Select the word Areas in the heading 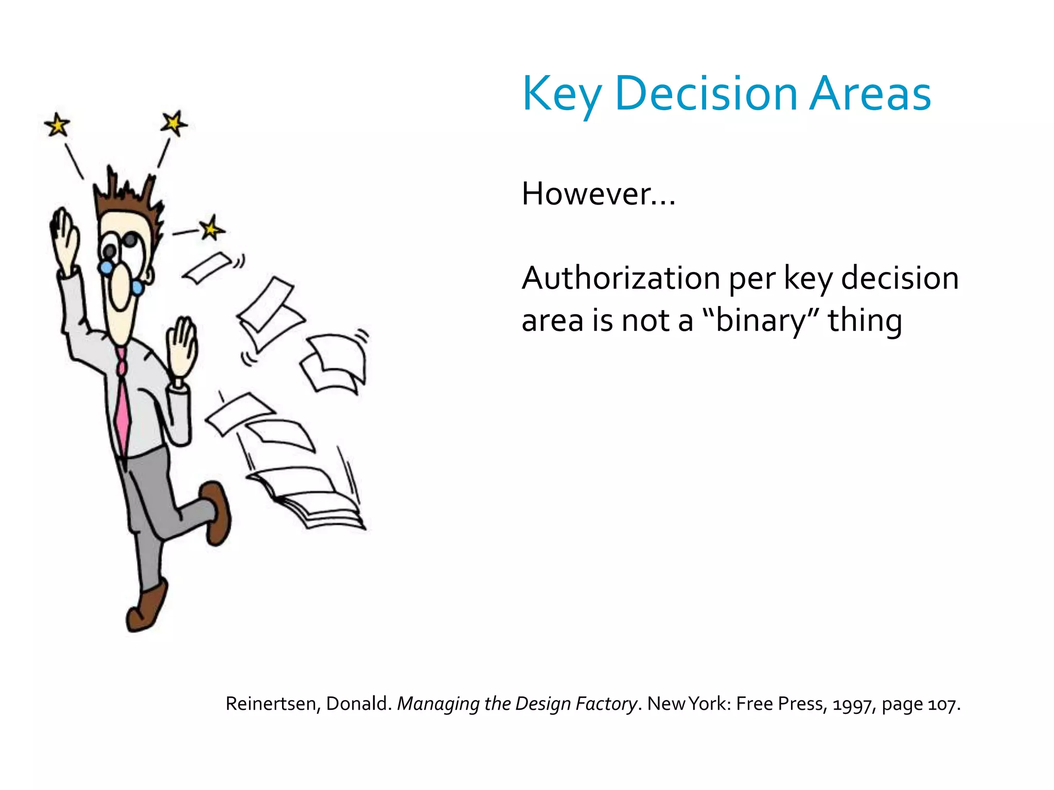click(870, 94)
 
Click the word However click(587, 194)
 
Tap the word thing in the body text click(865, 320)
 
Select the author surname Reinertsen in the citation click(271, 704)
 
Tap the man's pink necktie click(122, 406)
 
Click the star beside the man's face click(211, 228)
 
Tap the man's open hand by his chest click(181, 350)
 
